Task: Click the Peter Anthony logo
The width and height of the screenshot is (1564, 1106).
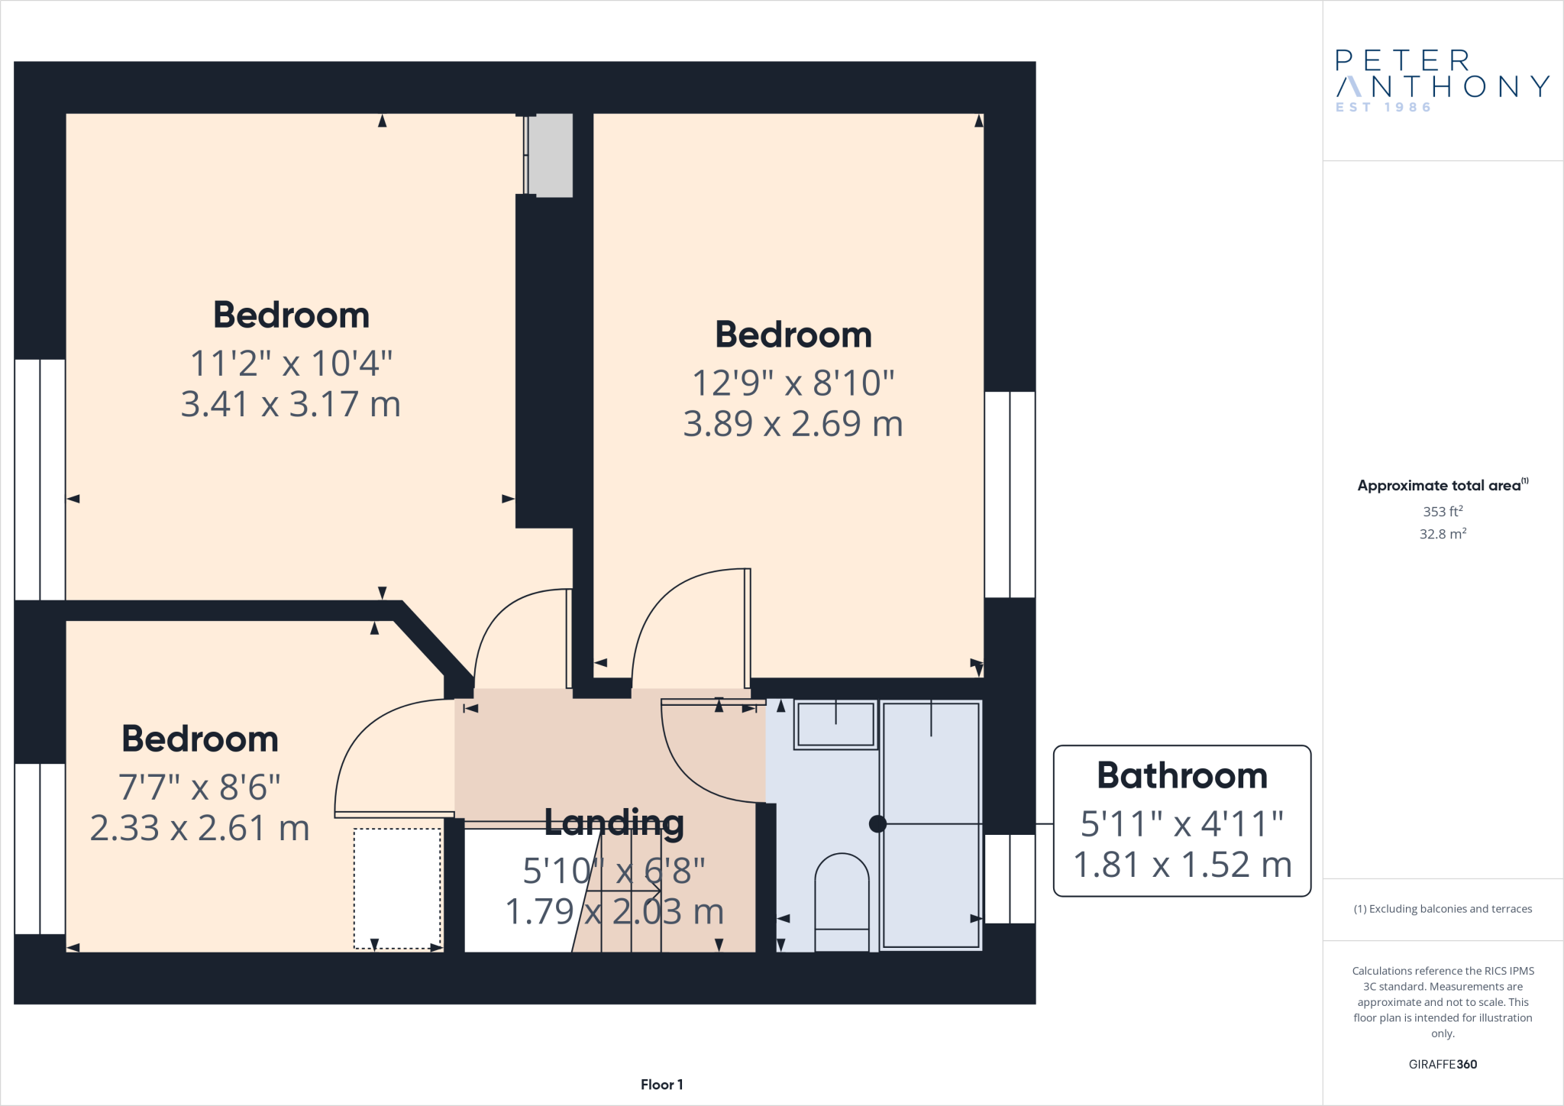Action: click(x=1442, y=75)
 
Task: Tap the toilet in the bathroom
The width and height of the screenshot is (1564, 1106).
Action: click(x=842, y=901)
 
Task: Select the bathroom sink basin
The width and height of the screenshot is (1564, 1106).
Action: click(x=835, y=724)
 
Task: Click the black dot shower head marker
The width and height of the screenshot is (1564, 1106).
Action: click(x=877, y=824)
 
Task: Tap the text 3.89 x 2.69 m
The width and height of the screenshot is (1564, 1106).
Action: click(x=793, y=424)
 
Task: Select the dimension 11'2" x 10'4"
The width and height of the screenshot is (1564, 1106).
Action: click(x=291, y=364)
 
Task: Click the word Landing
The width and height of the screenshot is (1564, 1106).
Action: click(x=614, y=823)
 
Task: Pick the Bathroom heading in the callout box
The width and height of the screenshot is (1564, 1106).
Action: click(x=1181, y=776)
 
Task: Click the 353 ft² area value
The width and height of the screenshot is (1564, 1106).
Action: click(x=1443, y=512)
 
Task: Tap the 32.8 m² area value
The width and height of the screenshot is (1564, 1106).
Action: click(x=1443, y=534)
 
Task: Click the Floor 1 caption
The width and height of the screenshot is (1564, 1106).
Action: click(x=661, y=1085)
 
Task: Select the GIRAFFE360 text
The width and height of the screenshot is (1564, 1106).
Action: click(x=1443, y=1064)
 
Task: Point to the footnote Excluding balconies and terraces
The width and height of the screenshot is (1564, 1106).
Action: click(x=1443, y=909)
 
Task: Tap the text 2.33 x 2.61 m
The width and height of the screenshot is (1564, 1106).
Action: click(x=200, y=828)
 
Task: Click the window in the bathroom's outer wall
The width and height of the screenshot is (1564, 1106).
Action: click(x=1010, y=878)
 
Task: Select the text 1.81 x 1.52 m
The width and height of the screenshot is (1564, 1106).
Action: click(x=1182, y=865)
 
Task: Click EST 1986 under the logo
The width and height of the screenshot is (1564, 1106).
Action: click(x=1383, y=108)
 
